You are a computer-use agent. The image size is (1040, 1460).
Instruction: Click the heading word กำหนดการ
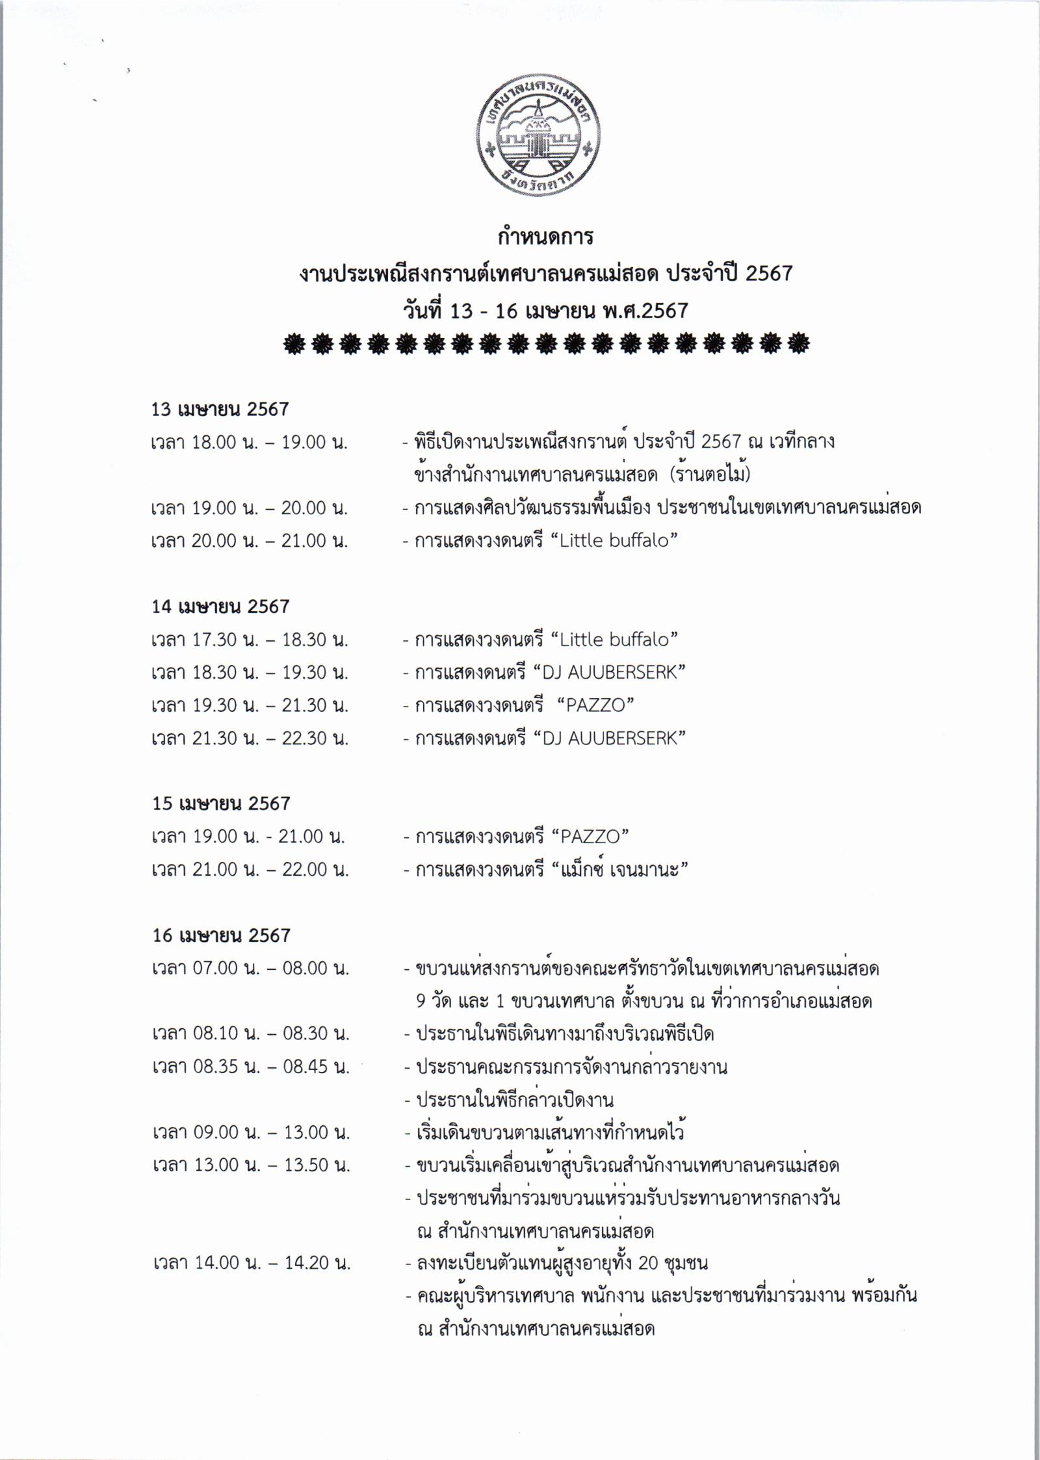(545, 237)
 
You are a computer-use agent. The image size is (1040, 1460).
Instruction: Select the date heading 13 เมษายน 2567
(220, 410)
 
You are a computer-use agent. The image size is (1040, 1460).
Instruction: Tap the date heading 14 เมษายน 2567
(220, 606)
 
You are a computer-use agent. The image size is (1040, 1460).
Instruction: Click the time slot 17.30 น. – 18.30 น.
(250, 640)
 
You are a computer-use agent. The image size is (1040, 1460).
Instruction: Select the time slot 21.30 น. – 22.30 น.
(250, 738)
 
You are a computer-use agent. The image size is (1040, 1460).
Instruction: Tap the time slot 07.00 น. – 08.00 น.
(251, 969)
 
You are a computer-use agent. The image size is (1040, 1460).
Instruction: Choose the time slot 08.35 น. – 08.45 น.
(251, 1067)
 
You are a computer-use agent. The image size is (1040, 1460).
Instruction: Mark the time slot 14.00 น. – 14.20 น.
(252, 1263)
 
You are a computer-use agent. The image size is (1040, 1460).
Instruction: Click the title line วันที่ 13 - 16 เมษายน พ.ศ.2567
(545, 311)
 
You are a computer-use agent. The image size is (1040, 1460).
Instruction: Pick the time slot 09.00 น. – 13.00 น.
(251, 1132)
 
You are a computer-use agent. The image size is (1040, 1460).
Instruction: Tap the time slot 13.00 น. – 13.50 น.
(251, 1165)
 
